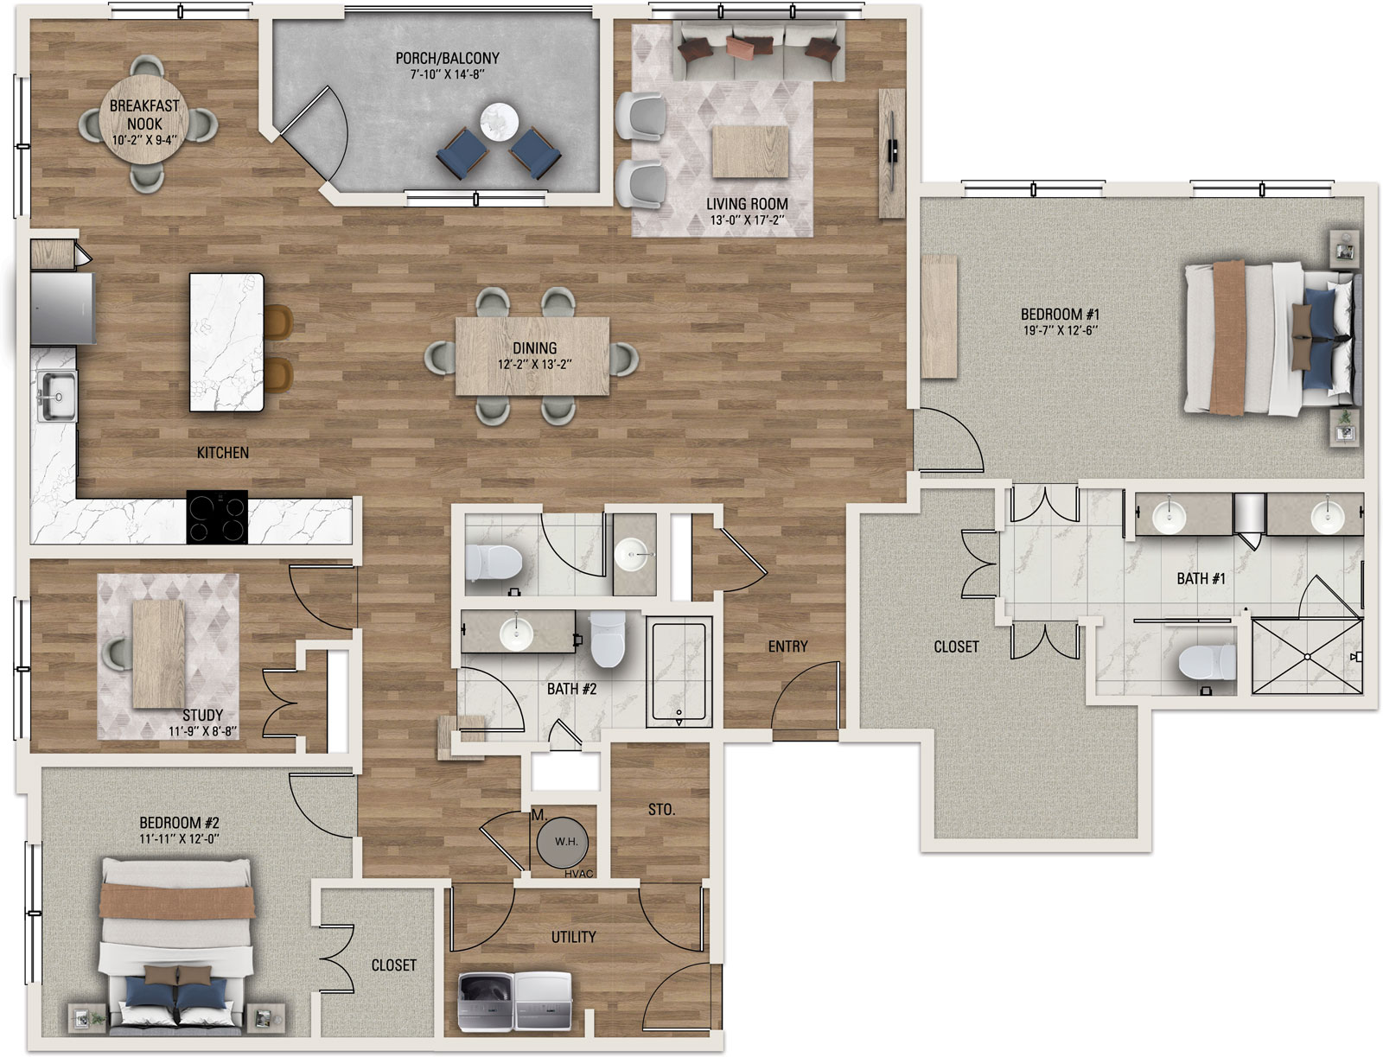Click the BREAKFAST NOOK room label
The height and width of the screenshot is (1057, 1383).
point(144,115)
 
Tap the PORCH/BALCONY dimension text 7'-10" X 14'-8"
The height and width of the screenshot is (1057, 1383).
point(448,74)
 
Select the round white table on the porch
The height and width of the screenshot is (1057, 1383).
point(499,122)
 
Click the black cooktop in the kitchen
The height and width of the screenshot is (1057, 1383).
point(217,517)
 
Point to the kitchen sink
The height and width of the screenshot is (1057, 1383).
point(57,396)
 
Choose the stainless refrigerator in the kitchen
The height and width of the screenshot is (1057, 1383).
point(62,308)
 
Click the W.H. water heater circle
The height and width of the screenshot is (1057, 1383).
point(566,842)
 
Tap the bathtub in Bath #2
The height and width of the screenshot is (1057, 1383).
point(679,671)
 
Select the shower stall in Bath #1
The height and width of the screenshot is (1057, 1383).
point(1308,656)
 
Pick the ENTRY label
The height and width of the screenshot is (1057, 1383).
point(787,646)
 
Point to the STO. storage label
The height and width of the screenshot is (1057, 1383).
point(661,810)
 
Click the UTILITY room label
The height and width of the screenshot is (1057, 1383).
point(573,938)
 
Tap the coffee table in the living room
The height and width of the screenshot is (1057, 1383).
point(750,151)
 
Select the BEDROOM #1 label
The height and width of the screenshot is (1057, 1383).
point(1060,314)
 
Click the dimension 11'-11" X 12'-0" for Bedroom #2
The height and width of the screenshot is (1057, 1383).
point(179,839)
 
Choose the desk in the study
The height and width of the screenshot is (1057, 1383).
point(159,654)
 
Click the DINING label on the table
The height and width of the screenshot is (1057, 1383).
point(534,347)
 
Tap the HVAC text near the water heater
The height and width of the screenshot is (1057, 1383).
point(578,874)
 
